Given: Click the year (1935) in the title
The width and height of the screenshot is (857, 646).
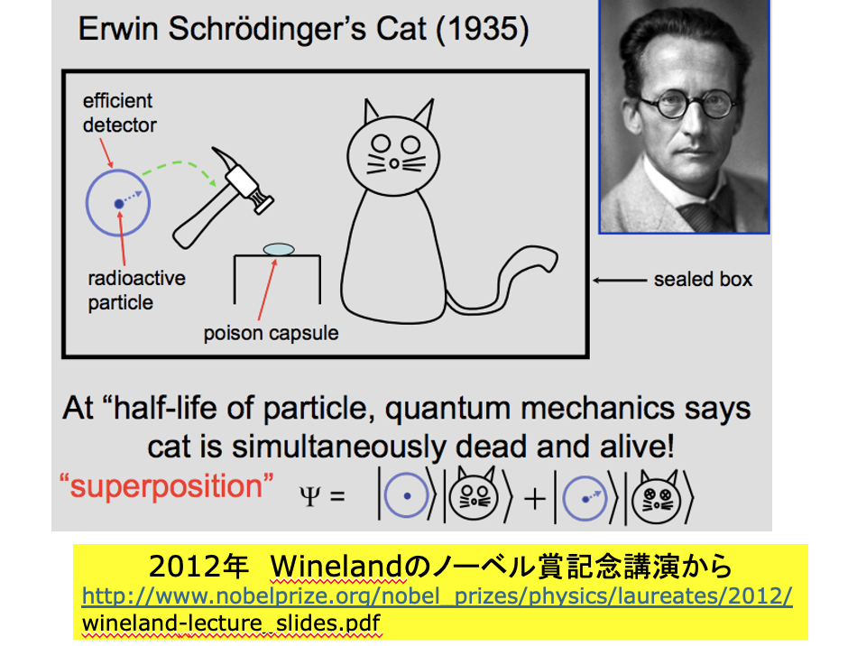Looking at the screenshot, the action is (x=483, y=29).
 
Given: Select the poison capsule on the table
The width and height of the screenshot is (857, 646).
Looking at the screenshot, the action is (x=279, y=249).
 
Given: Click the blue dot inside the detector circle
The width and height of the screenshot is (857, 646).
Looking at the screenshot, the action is (x=118, y=204).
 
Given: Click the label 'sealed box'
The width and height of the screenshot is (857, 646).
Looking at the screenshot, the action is (x=703, y=280).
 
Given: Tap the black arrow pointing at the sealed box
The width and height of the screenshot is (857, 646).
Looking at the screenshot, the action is (x=620, y=281).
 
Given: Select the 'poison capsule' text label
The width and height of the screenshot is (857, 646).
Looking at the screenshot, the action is (x=272, y=333).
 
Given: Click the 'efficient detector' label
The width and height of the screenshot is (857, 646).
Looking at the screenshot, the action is (x=120, y=113).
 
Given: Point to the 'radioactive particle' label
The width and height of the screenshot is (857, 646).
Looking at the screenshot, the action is (x=136, y=291).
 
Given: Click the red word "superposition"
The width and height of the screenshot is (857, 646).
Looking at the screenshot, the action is (x=166, y=486).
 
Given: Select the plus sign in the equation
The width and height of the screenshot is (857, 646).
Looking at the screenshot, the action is (x=535, y=499).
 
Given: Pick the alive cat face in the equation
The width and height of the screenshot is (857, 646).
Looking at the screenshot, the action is (x=474, y=494).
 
